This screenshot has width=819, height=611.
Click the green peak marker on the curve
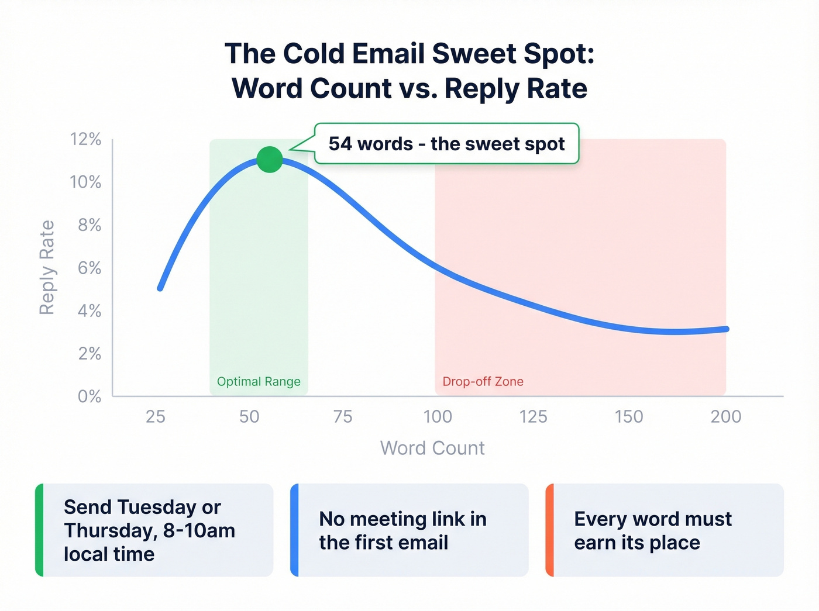[270, 160]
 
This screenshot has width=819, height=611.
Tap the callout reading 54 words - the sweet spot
[446, 144]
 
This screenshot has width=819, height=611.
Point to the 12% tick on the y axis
[86, 139]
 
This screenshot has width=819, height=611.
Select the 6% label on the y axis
[90, 268]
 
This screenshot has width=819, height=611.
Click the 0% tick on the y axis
[90, 396]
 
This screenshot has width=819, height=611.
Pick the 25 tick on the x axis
[156, 416]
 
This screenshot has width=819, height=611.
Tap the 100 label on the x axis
[438, 416]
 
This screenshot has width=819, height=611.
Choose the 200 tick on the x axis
[725, 416]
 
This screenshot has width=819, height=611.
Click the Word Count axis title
[432, 448]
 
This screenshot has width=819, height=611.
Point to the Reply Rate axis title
[47, 268]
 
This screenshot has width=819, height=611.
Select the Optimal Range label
[259, 382]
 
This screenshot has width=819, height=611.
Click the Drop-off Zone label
[483, 382]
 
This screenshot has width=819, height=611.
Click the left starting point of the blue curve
[160, 288]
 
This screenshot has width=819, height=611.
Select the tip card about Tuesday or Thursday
[154, 530]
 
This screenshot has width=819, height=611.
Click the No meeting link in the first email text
[402, 530]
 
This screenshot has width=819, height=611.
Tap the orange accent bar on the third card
[549, 530]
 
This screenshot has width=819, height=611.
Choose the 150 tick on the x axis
[629, 416]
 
